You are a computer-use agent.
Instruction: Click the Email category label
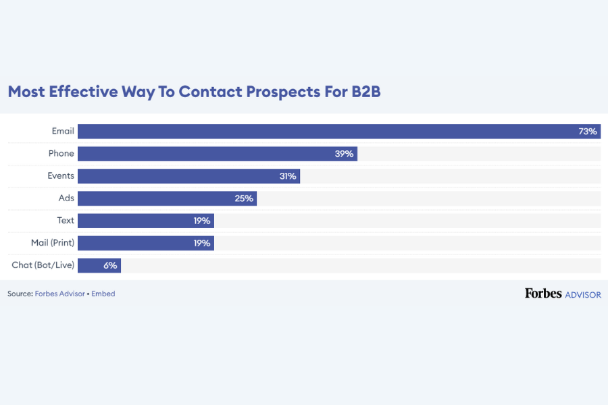[x=63, y=131]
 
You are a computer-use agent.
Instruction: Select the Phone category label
[x=61, y=153]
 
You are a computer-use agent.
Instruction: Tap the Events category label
[x=61, y=175]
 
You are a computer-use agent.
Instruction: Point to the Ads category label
[x=66, y=198]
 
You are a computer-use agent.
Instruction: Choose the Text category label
[x=66, y=221]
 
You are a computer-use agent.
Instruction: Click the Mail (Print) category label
[x=53, y=243]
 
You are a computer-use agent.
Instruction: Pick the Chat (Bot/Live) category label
[x=43, y=265]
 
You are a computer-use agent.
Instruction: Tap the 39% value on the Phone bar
[x=344, y=153]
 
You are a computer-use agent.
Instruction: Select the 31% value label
[x=287, y=175]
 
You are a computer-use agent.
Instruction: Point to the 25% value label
[x=244, y=198]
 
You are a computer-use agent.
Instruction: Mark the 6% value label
[x=110, y=265]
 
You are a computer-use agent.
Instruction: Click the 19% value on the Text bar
[x=202, y=221]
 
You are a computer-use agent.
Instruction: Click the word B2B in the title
[x=365, y=92]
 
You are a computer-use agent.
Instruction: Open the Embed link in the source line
[x=103, y=294]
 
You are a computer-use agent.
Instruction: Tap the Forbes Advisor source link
[x=59, y=294]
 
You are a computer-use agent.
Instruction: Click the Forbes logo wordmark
[x=542, y=294]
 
